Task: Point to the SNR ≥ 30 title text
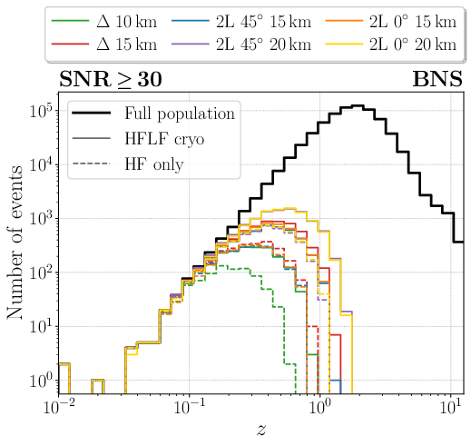pyautogui.click(x=111, y=79)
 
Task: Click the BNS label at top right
pyautogui.click(x=437, y=79)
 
